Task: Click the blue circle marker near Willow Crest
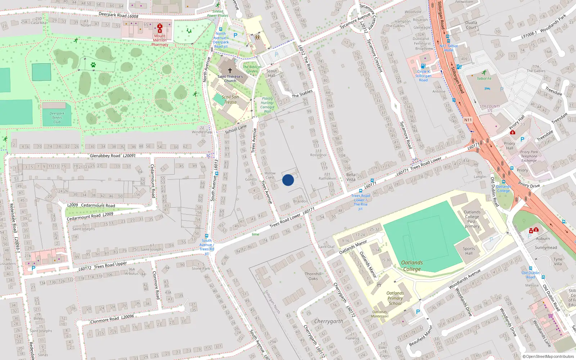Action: [288, 180]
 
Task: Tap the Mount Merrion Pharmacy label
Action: [160, 40]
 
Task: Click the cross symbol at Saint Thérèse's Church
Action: [230, 71]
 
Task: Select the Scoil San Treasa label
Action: [230, 99]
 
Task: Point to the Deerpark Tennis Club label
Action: [57, 118]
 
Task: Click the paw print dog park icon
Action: [93, 65]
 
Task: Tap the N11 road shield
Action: [468, 120]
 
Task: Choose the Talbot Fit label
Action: [484, 78]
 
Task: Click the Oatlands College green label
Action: [412, 266]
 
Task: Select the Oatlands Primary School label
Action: [395, 298]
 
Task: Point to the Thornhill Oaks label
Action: [313, 276]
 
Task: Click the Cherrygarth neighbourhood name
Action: [329, 321]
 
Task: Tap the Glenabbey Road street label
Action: [105, 156]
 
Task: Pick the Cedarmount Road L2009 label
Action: [90, 216]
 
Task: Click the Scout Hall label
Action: [271, 73]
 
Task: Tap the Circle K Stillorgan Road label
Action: [423, 76]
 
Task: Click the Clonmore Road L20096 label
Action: [112, 319]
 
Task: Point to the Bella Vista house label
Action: [351, 177]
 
